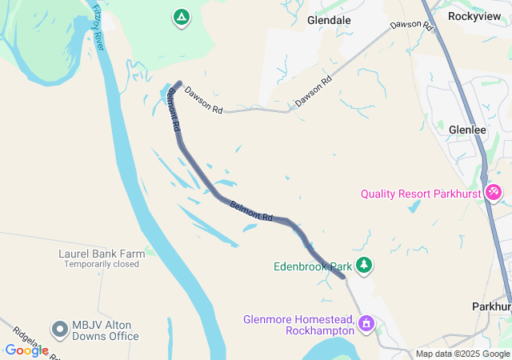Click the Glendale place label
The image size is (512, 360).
[x=329, y=21]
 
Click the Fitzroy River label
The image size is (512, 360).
[x=99, y=26]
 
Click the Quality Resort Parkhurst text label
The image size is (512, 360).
[x=421, y=194]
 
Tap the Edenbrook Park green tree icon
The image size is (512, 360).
[x=364, y=264]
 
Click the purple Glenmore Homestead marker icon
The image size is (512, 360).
[x=366, y=323]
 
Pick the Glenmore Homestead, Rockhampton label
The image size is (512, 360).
[x=298, y=325]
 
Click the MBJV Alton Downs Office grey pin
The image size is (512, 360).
[x=59, y=329]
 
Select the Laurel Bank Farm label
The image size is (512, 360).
[x=102, y=254]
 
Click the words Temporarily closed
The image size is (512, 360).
[x=102, y=264]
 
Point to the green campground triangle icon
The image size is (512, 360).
[x=182, y=16]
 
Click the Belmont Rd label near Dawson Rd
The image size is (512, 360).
[x=174, y=111]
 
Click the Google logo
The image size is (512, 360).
[x=26, y=350]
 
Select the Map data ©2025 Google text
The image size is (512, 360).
[x=462, y=354]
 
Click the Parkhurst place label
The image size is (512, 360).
[x=492, y=306]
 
